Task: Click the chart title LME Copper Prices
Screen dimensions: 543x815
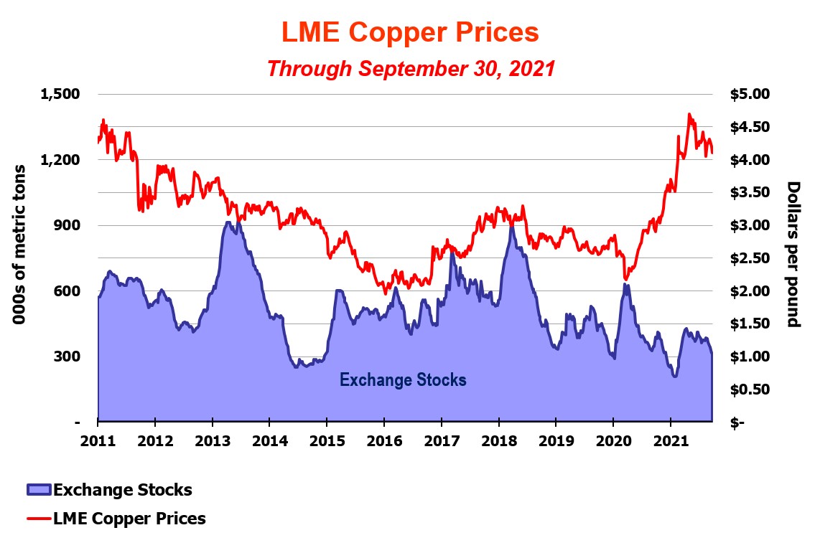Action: (409, 32)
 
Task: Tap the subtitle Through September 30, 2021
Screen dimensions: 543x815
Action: (411, 69)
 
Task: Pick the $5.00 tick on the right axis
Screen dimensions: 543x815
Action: (749, 94)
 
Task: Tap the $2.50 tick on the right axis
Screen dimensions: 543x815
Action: (749, 258)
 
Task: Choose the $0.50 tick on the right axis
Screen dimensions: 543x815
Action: (749, 389)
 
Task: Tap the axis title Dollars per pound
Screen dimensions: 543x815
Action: (793, 255)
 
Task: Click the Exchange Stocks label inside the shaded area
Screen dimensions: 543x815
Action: (403, 379)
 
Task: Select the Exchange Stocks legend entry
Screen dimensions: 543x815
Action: (122, 490)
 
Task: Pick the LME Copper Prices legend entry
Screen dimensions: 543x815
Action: (129, 518)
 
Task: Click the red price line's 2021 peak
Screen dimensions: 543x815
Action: (689, 114)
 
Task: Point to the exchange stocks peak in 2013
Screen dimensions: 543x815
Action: (228, 222)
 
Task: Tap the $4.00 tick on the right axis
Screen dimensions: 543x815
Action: (749, 159)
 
